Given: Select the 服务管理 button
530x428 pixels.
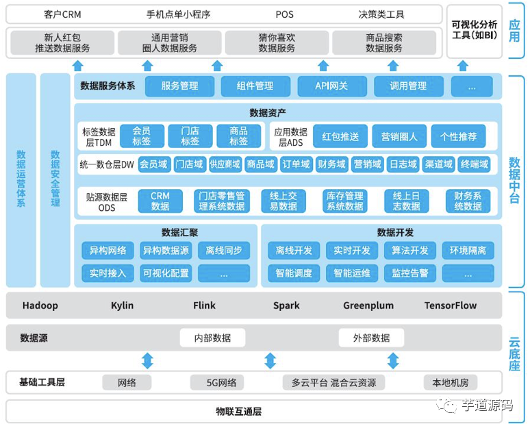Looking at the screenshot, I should click(x=179, y=86).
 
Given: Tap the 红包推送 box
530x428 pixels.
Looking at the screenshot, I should click(x=340, y=136).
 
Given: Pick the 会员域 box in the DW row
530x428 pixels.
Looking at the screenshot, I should click(x=154, y=164).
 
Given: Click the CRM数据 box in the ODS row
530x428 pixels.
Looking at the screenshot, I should click(x=160, y=201).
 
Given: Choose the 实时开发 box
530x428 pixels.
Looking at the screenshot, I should click(x=352, y=251).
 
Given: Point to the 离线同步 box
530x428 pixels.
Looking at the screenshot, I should click(x=224, y=251).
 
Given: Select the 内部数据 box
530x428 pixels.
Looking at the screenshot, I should click(x=212, y=338).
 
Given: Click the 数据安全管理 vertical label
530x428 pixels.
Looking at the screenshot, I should click(x=55, y=179).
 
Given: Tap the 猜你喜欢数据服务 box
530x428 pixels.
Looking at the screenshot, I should click(x=277, y=43).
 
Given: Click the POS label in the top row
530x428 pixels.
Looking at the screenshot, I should click(x=284, y=14).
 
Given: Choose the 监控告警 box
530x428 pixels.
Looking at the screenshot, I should click(x=410, y=273).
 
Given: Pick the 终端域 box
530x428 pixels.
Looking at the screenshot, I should click(x=475, y=164).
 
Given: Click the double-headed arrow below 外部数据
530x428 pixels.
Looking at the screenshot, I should click(x=392, y=360).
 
